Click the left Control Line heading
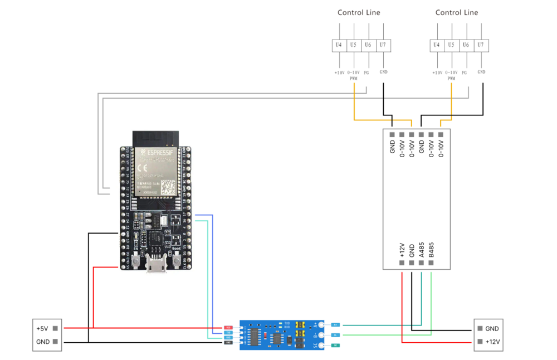pos(359,12)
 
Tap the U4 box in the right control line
pos(437,45)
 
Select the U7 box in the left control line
pos(383,45)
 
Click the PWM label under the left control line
pos(354,79)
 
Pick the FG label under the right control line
pos(464,72)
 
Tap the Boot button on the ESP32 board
pos(177,260)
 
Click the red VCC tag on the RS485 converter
pos(228,327)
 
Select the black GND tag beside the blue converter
pos(228,342)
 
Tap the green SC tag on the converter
pos(335,346)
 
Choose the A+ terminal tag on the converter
pos(335,324)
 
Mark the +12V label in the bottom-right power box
pos(492,342)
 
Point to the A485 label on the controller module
pos(422,250)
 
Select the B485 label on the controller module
pos(432,250)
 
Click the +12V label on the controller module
pos(402,250)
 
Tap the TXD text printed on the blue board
pos(287,323)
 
